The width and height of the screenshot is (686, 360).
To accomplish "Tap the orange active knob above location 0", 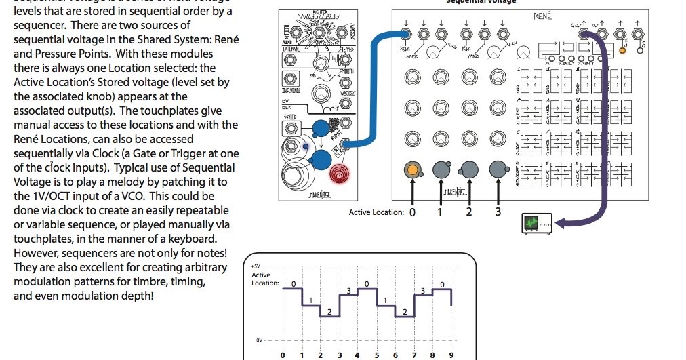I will point(411,169).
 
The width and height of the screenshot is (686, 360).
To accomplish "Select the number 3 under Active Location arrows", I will point(498,212).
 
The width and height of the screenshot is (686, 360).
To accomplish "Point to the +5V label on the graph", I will point(256,266).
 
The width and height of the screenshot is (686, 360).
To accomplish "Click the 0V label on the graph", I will point(258,338).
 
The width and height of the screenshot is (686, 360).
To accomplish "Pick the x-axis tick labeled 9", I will point(451,354).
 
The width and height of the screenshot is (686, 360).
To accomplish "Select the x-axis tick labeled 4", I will point(357,354).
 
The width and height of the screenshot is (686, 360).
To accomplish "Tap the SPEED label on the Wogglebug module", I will point(292,117).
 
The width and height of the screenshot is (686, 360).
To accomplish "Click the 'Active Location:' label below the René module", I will point(376,212).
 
